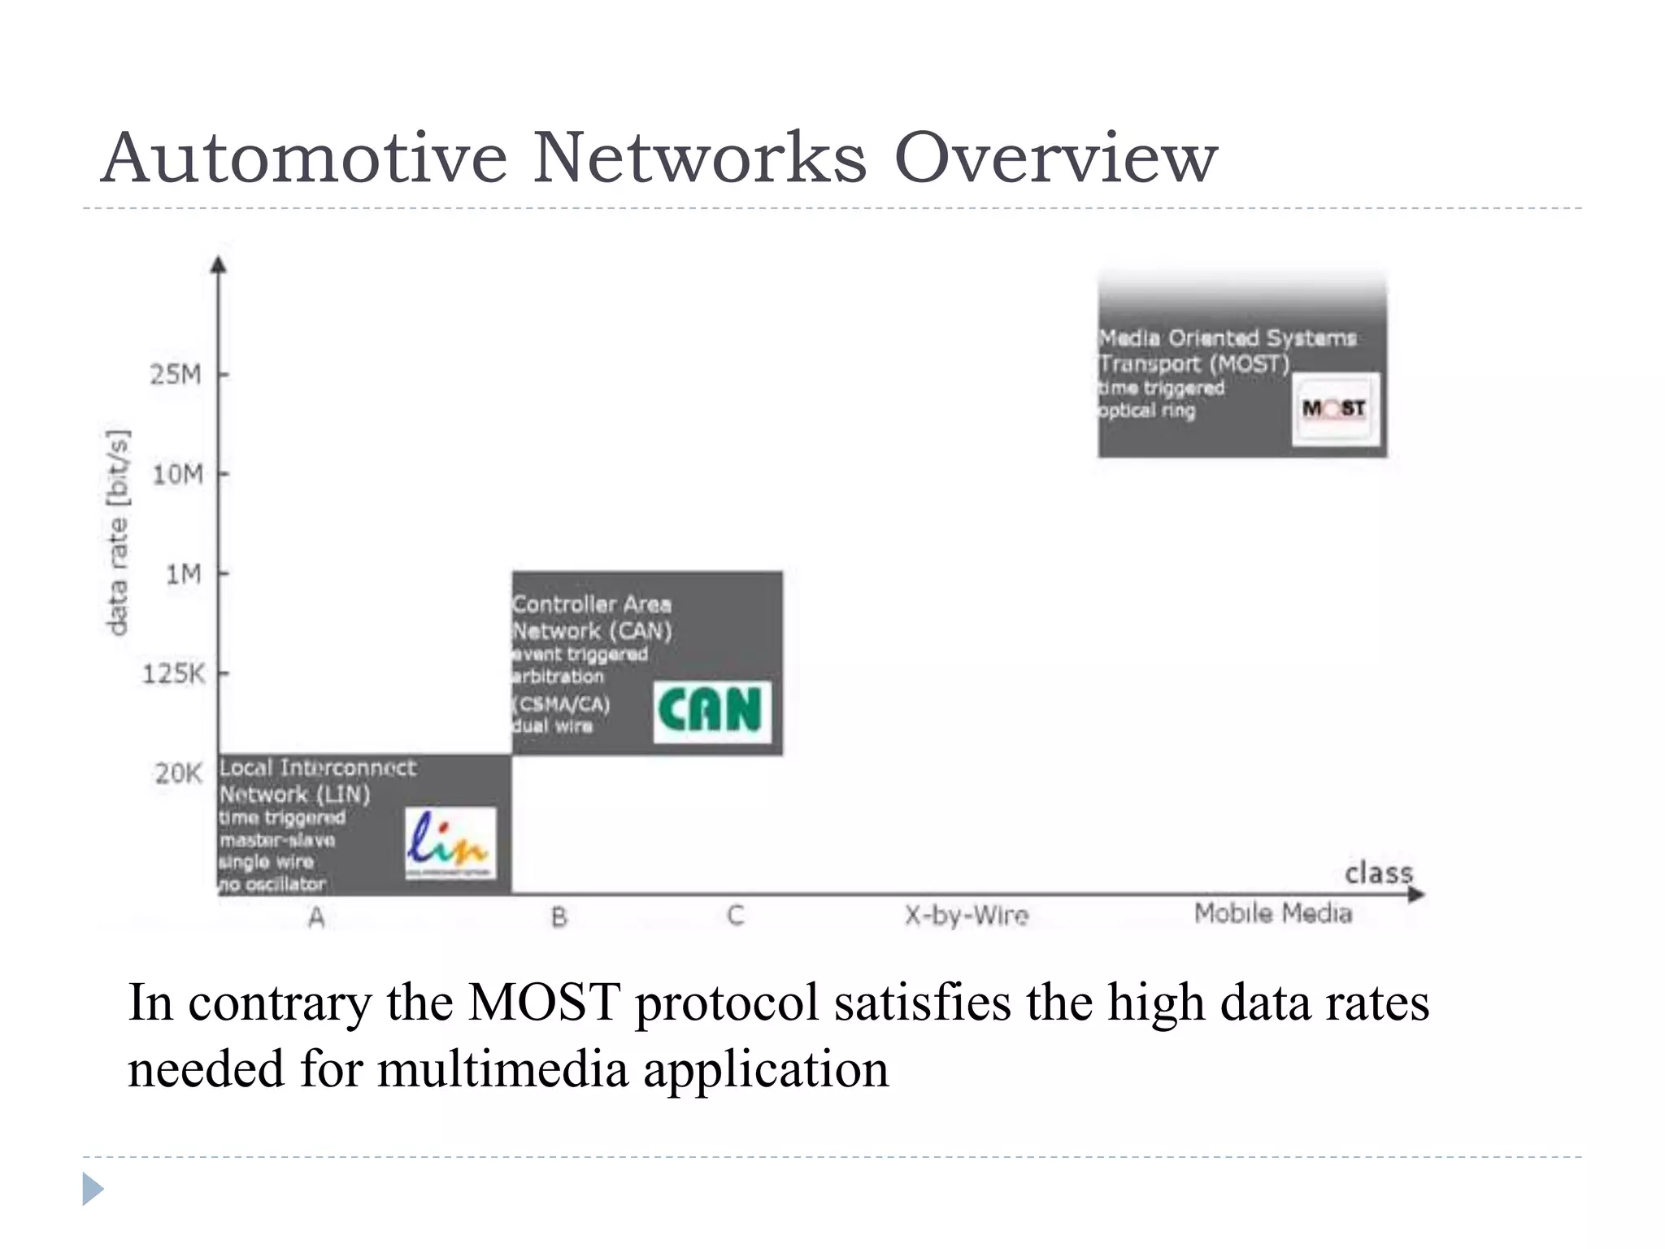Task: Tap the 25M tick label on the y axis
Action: pyautogui.click(x=176, y=374)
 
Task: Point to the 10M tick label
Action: pyautogui.click(x=178, y=473)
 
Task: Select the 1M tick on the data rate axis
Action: pyautogui.click(x=184, y=574)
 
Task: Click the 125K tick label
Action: pyautogui.click(x=174, y=673)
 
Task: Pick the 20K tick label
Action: pyautogui.click(x=178, y=772)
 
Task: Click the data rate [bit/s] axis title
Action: pyautogui.click(x=119, y=532)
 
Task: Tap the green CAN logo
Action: pyautogui.click(x=711, y=712)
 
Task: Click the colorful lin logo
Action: pyautogui.click(x=450, y=842)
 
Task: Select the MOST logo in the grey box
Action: pyautogui.click(x=1335, y=408)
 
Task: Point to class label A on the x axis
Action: pyautogui.click(x=317, y=917)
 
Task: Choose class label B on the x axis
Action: pyautogui.click(x=559, y=916)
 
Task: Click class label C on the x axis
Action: pyautogui.click(x=735, y=916)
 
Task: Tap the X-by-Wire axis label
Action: pyautogui.click(x=967, y=916)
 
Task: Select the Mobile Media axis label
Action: pyautogui.click(x=1273, y=914)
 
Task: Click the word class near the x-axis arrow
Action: pyautogui.click(x=1379, y=873)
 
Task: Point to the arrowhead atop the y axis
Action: pyautogui.click(x=218, y=264)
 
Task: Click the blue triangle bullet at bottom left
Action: pyautogui.click(x=93, y=1189)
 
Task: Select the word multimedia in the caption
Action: pyautogui.click(x=502, y=1069)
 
